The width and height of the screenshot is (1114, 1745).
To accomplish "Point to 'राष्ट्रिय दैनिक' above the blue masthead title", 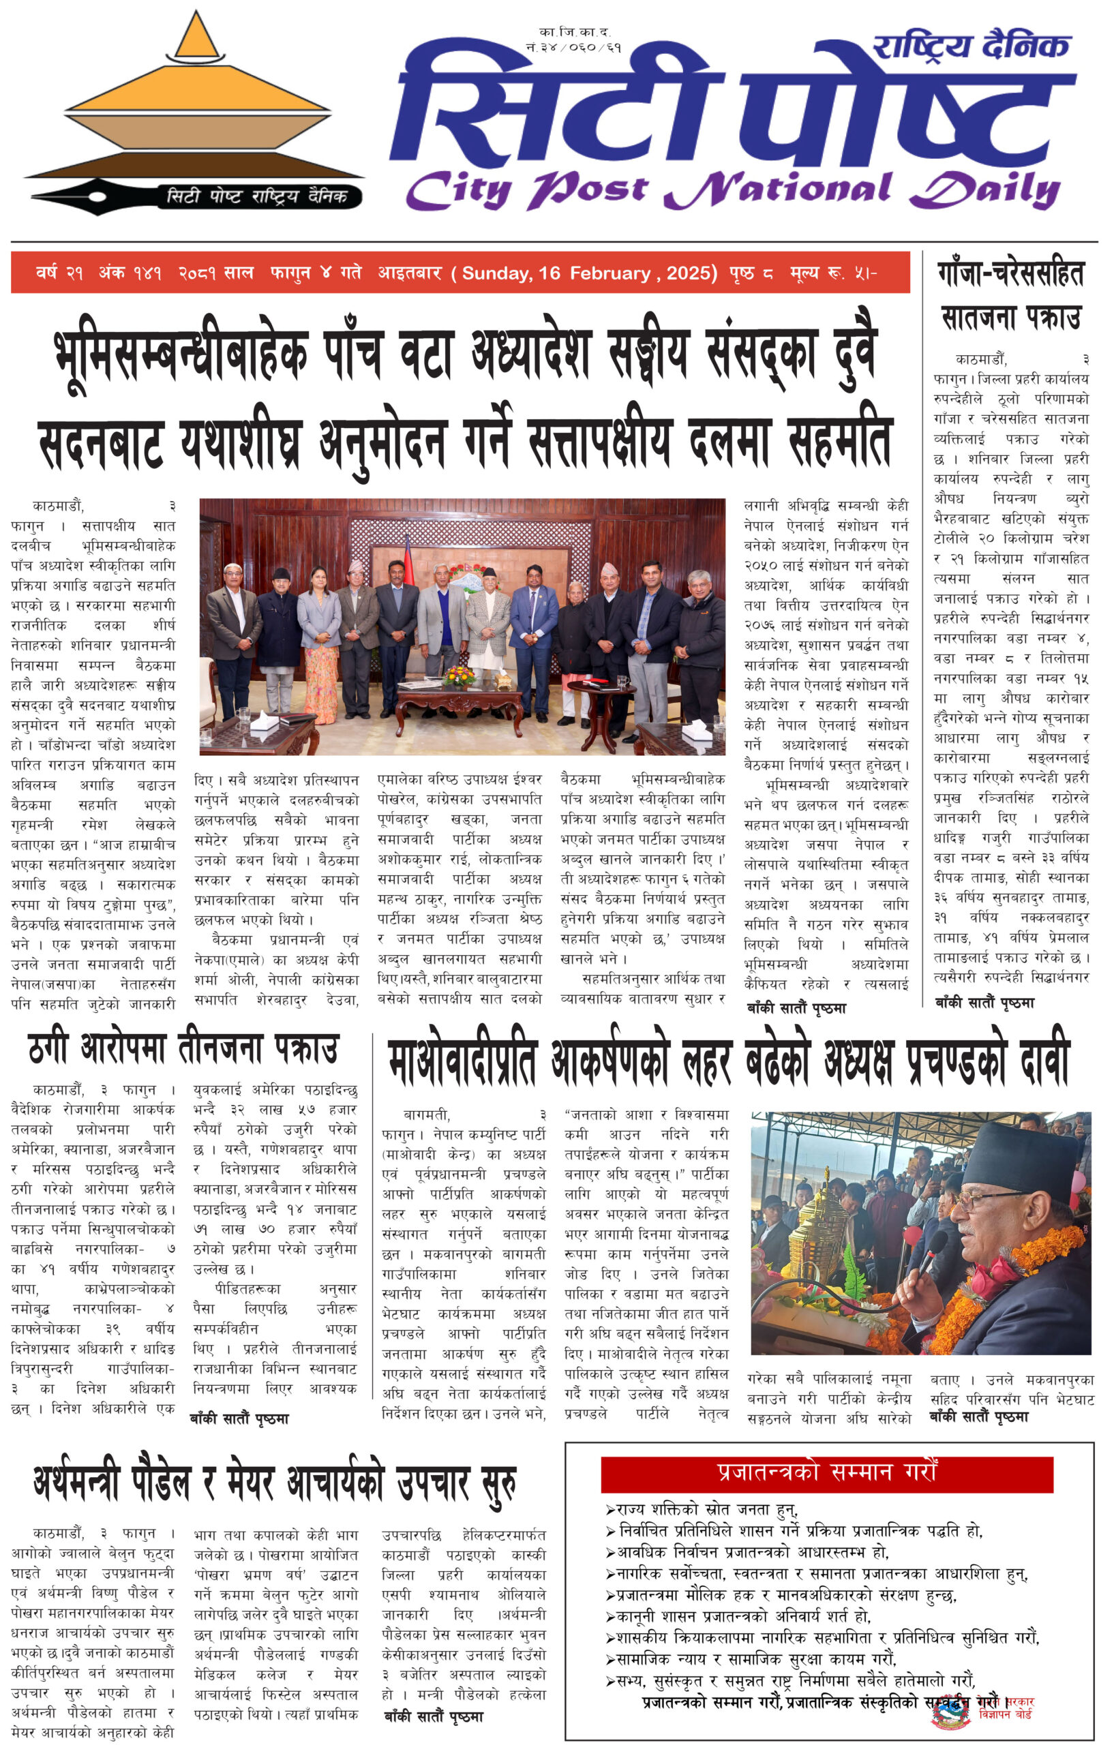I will click(971, 46).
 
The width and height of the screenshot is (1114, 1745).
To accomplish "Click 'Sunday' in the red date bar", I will click(496, 273).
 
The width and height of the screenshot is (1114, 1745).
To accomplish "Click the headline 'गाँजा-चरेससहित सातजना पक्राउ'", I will click(1010, 297).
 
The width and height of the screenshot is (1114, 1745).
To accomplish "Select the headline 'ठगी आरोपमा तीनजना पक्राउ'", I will click(183, 1048).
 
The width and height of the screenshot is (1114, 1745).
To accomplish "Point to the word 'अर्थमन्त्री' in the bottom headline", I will click(76, 1483).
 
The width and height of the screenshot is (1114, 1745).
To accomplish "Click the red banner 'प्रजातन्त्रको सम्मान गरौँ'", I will click(826, 1474).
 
